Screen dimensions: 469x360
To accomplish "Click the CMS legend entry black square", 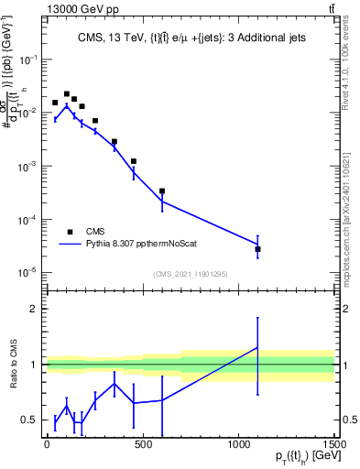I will pyautogui.click(x=70, y=232).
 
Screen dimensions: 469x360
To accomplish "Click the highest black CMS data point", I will pyautogui.click(x=66, y=93).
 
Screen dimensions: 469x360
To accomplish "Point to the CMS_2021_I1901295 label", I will pyautogui.click(x=189, y=274).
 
